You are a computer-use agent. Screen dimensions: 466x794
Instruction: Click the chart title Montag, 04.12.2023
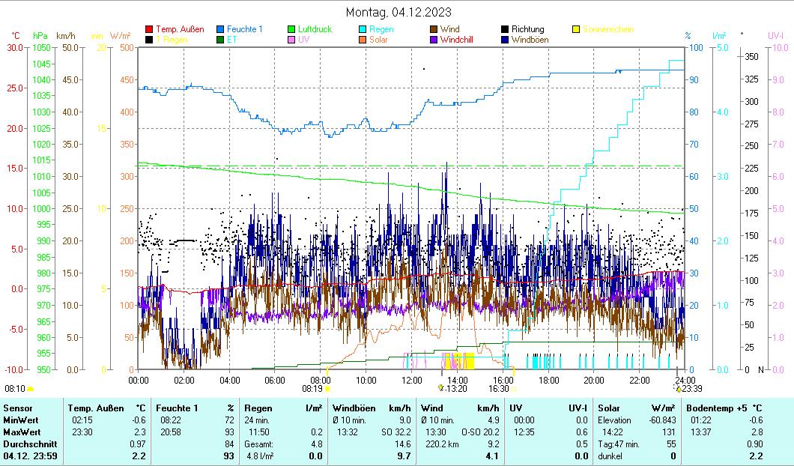(398, 12)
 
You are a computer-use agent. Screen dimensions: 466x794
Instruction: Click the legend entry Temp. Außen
(179, 29)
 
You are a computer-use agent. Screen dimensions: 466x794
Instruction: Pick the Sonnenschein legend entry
(607, 29)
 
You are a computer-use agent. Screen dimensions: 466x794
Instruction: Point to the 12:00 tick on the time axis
(412, 380)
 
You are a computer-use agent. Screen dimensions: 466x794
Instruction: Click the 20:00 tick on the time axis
(594, 380)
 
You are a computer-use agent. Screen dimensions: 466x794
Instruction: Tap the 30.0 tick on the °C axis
(15, 47)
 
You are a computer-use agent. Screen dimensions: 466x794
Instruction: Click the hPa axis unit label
(40, 35)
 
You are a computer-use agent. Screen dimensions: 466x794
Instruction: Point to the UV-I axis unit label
(775, 35)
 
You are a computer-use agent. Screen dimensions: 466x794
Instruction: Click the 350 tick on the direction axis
(752, 57)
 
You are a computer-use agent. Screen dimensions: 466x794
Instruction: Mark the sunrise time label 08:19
(312, 389)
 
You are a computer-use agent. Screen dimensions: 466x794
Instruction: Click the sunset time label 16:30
(498, 389)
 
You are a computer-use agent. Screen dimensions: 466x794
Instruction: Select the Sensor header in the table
(18, 408)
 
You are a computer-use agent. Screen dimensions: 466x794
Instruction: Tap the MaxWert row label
(22, 432)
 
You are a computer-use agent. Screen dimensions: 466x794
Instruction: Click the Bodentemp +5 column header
(721, 408)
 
